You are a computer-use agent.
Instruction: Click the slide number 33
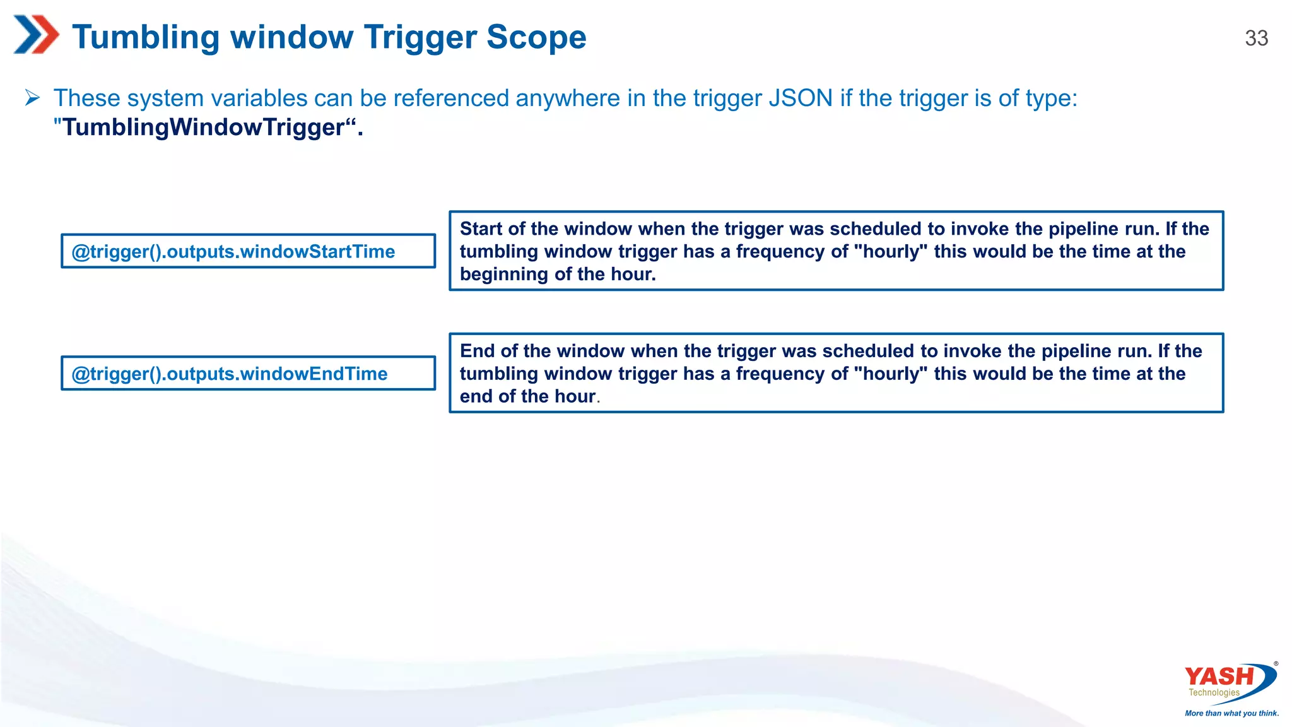[1256, 38]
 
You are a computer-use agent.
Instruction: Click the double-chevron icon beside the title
[36, 35]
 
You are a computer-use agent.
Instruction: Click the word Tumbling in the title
[146, 37]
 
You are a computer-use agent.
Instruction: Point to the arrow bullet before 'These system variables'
[33, 98]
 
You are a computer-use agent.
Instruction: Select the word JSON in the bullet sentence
[801, 98]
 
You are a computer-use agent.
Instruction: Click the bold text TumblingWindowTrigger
[203, 127]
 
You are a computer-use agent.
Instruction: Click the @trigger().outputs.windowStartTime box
[248, 251]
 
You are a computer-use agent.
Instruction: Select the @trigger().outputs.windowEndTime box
[248, 374]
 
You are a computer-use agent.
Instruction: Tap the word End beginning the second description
[477, 351]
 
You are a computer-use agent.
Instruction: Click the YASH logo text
[1219, 677]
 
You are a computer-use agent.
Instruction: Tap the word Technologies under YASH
[1214, 693]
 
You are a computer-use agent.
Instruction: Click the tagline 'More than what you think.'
[1231, 713]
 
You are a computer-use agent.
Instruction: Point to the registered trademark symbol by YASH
[1276, 664]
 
